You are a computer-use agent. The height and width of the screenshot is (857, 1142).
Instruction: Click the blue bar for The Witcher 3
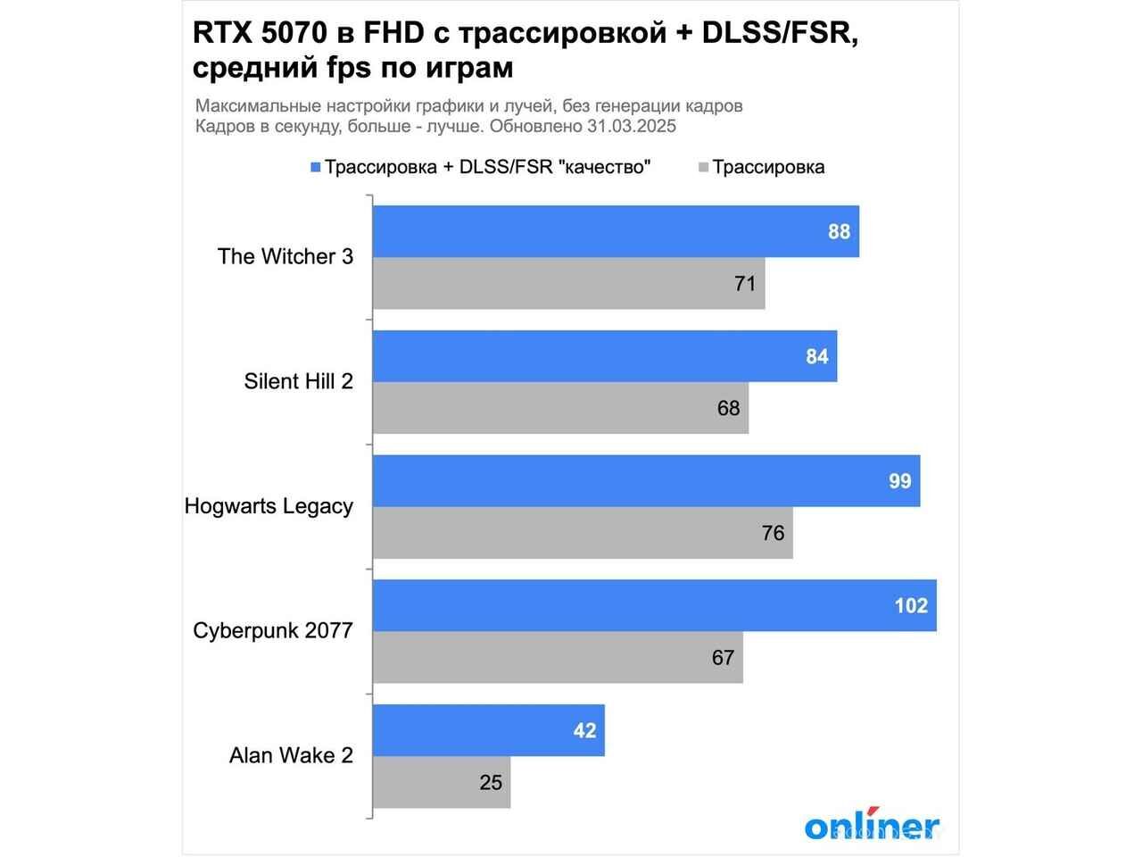pos(616,231)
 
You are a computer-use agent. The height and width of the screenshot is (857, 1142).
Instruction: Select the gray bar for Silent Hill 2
pos(560,408)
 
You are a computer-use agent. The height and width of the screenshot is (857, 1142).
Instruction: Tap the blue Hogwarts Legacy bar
pos(646,481)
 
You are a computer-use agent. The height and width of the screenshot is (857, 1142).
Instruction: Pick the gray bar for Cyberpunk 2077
pos(558,658)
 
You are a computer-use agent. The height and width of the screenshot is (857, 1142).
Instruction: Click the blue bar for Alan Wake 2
pos(488,730)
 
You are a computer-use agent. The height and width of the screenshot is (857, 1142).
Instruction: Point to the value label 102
pos(911,606)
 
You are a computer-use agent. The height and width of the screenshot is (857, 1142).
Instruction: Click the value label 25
pos(491,783)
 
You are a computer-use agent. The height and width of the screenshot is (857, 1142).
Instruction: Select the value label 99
pos(899,481)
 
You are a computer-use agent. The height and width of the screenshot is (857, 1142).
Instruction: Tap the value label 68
pos(728,408)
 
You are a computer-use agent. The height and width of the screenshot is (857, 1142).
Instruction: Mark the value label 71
pos(745,284)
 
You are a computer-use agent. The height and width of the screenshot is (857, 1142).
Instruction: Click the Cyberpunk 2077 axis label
pos(273,631)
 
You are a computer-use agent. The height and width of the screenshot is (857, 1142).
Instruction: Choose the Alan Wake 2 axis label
pos(291,755)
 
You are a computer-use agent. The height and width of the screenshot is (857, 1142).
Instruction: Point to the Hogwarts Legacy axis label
pos(269,506)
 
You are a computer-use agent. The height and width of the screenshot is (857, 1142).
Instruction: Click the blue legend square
pos(315,167)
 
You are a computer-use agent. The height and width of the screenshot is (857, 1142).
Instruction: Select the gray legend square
pos(703,167)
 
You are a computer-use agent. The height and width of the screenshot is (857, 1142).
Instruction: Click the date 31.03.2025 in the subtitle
pos(631,126)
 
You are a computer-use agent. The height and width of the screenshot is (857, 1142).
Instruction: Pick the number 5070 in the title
pos(303,34)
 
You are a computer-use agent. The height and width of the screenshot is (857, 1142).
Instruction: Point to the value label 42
pos(584,730)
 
